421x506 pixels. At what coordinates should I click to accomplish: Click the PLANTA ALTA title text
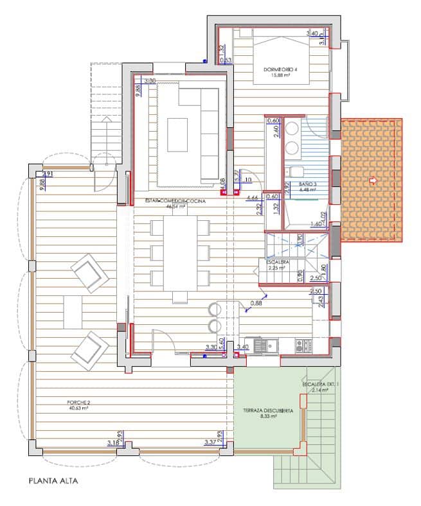pyautogui.click(x=53, y=480)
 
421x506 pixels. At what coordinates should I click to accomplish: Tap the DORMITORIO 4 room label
pyautogui.click(x=280, y=69)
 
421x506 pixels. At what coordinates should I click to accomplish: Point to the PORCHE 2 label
pyautogui.click(x=79, y=403)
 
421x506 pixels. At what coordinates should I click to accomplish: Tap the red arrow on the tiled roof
pyautogui.click(x=372, y=182)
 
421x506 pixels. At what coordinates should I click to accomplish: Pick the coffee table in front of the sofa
pyautogui.click(x=177, y=135)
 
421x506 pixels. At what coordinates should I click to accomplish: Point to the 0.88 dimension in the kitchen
pyautogui.click(x=256, y=303)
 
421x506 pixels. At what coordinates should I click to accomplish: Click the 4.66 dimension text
pyautogui.click(x=252, y=198)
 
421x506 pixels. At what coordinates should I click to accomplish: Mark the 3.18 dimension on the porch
pyautogui.click(x=112, y=442)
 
